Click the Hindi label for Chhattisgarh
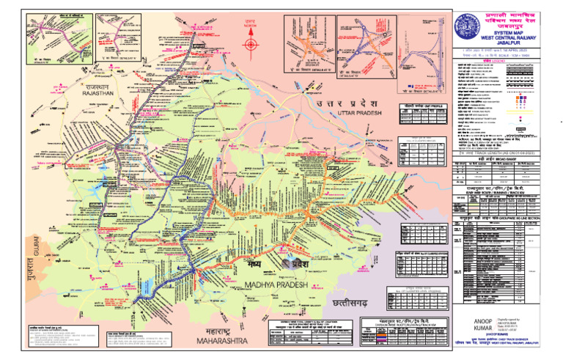353,302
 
